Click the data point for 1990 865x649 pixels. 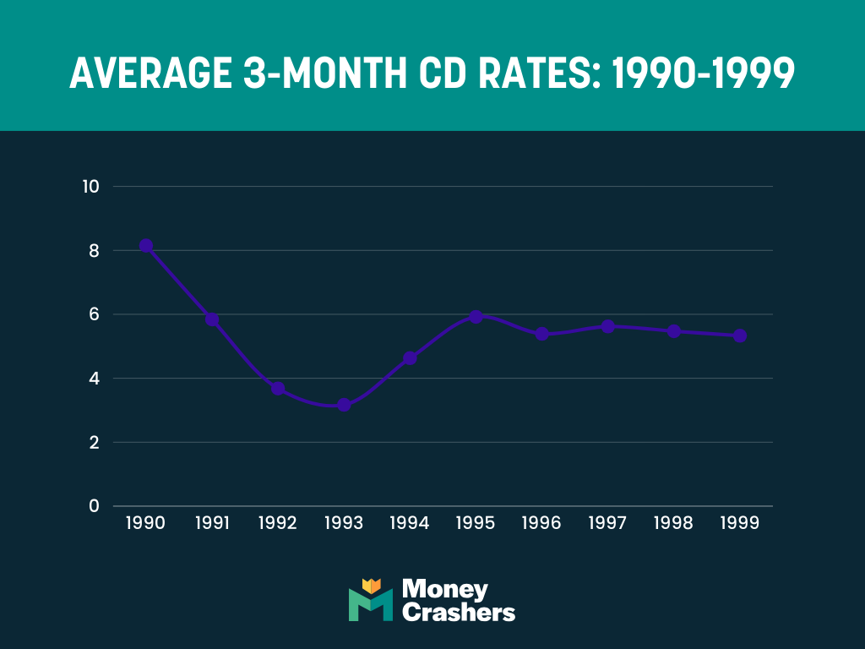pos(146,246)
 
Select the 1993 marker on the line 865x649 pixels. pos(344,405)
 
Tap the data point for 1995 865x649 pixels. pos(476,317)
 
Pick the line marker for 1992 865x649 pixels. pos(278,389)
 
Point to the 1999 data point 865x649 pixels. pos(739,335)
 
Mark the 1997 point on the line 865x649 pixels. pos(607,326)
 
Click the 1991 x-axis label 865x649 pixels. pos(212,523)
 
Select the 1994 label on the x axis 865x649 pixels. pos(410,523)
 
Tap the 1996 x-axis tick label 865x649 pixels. pos(541,523)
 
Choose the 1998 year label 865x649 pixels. pos(673,523)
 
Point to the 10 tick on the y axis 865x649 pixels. pos(90,187)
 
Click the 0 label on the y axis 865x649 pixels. pos(95,506)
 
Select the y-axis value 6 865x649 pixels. pos(95,314)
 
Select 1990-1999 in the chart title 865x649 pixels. pos(703,74)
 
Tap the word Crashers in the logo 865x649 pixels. pos(459,612)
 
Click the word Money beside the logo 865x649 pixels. pos(445,589)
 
